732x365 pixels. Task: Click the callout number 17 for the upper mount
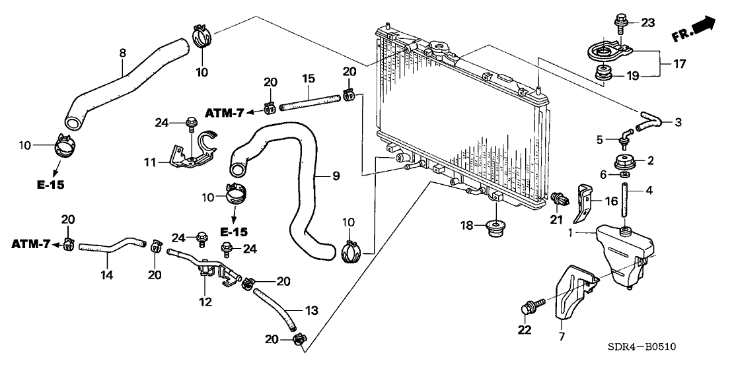tap(680, 65)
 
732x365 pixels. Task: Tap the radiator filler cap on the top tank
tap(437, 50)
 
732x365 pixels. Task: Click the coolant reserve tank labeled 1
tap(624, 257)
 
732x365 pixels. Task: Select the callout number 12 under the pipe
tap(205, 302)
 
